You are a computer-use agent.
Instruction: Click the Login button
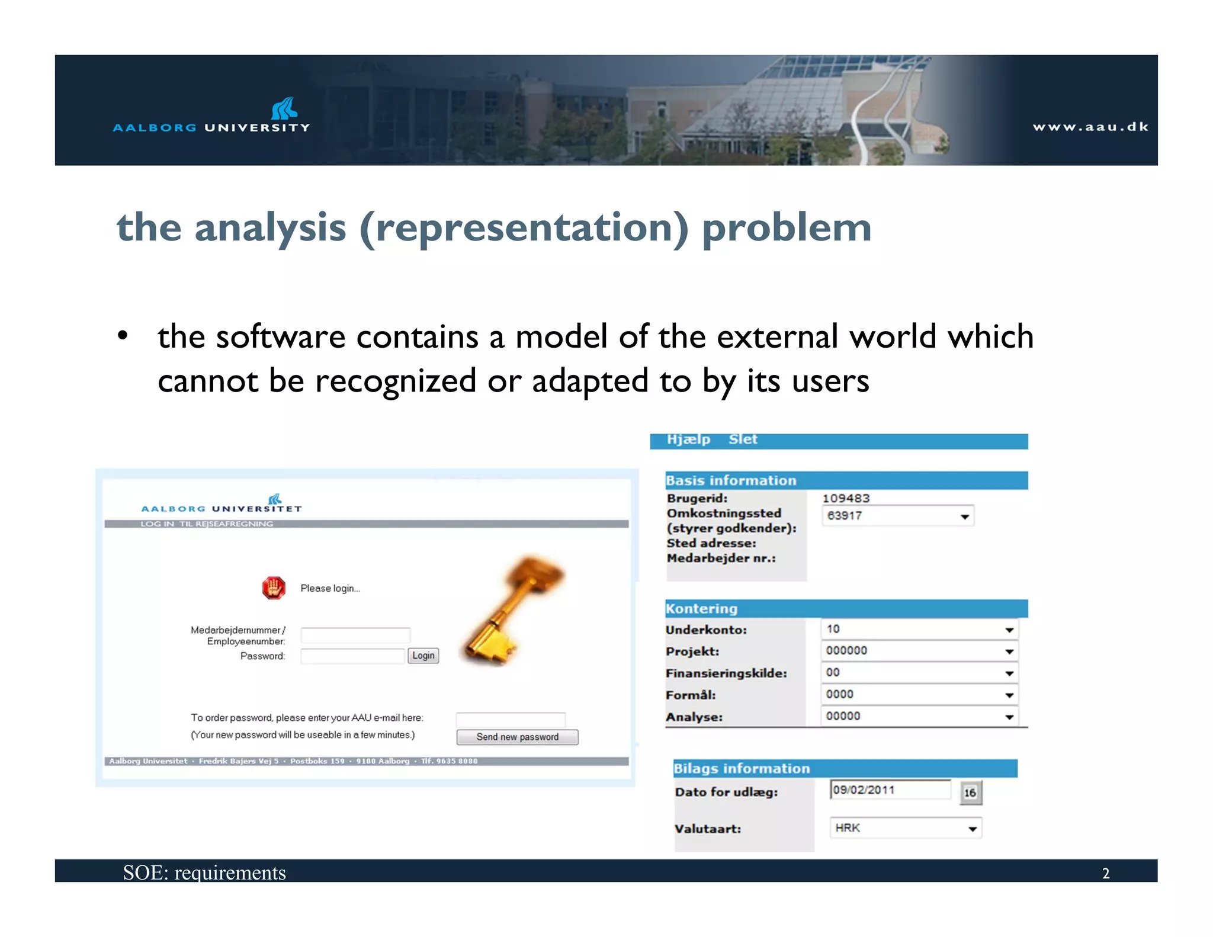423,655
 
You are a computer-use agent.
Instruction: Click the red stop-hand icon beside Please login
274,588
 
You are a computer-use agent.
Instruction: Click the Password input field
352,656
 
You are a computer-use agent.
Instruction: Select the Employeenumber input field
355,636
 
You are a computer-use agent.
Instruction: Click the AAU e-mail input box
511,720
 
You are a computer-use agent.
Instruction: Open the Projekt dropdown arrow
1009,652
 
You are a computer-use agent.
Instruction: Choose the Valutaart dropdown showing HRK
905,828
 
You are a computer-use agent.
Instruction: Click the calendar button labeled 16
970,792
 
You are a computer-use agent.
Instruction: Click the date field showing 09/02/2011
890,790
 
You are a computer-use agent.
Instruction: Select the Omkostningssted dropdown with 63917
897,516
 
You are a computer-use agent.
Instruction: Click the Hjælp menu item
688,439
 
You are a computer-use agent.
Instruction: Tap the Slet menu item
743,439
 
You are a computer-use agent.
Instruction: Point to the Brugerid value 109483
846,498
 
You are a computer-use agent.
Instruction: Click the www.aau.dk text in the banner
1090,127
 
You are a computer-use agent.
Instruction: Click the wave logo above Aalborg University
284,108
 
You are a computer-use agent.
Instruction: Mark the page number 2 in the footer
1105,873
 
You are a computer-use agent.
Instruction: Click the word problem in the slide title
787,228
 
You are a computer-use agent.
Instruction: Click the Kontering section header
702,609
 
